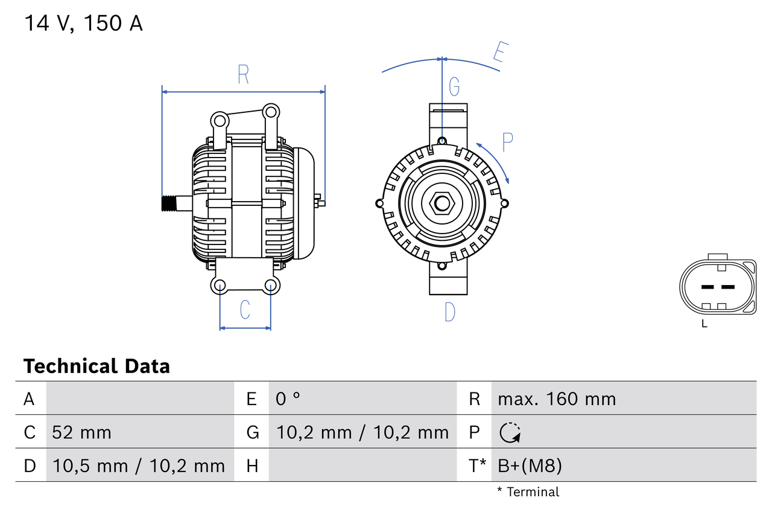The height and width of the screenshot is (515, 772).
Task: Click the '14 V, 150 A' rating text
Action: [83, 24]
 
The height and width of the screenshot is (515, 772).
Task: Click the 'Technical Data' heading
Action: [96, 366]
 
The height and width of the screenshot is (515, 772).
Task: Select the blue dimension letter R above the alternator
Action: [243, 74]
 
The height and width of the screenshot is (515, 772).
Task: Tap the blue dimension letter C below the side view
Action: [245, 309]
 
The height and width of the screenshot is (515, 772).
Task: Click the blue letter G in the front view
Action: [454, 87]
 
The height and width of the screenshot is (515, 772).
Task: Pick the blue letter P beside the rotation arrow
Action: [507, 142]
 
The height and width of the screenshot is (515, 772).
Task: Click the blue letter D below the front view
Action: [450, 312]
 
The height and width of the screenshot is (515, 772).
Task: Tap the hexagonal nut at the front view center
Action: [442, 203]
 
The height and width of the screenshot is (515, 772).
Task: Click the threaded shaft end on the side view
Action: [171, 204]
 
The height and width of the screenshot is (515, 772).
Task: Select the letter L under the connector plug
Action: [704, 324]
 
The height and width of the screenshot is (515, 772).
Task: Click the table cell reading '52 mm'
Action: [81, 432]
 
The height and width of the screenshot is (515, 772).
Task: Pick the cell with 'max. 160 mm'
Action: [557, 398]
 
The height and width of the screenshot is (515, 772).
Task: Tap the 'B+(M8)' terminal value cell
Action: [530, 465]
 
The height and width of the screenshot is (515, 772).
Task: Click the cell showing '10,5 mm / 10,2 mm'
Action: [139, 465]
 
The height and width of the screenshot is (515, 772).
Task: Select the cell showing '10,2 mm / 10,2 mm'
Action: [362, 432]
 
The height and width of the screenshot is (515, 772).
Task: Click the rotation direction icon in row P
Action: [510, 432]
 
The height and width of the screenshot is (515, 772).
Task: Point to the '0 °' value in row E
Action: [288, 398]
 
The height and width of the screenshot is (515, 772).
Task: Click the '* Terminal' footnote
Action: [528, 491]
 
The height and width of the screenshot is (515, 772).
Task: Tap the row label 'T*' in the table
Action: [478, 465]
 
